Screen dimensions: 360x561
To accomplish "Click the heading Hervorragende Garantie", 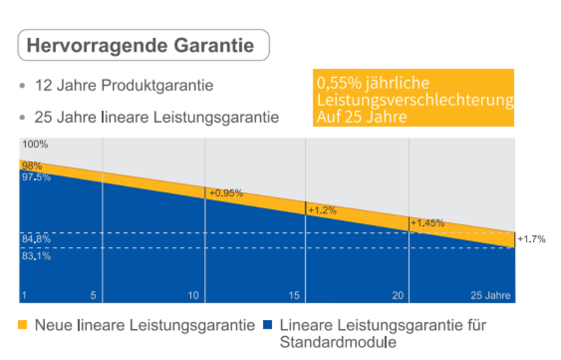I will coord(140,46).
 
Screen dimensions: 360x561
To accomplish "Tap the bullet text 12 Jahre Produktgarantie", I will coord(124,86).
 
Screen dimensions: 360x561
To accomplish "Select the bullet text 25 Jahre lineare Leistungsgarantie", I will coord(156,116).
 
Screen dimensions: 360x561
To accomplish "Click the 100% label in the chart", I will coord(35,145).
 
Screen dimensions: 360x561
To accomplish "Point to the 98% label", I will coord(32,166).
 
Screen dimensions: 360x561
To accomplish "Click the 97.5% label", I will coord(36,177).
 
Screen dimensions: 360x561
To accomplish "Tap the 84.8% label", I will coord(36,239).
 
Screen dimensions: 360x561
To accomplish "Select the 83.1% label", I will coord(36,256).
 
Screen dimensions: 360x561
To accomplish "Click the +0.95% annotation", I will coord(226,193).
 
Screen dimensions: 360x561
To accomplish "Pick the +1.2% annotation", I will coord(323,210).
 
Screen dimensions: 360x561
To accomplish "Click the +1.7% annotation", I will coord(531,239).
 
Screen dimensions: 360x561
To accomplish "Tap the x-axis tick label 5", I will coord(93,295).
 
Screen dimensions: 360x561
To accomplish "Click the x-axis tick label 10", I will coord(193,295).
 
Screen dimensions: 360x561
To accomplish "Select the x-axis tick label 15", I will coord(296,295).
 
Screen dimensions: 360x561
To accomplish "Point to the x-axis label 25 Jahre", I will coord(490,295).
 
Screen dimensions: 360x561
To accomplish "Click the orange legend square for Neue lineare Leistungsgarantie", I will coord(23,325).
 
